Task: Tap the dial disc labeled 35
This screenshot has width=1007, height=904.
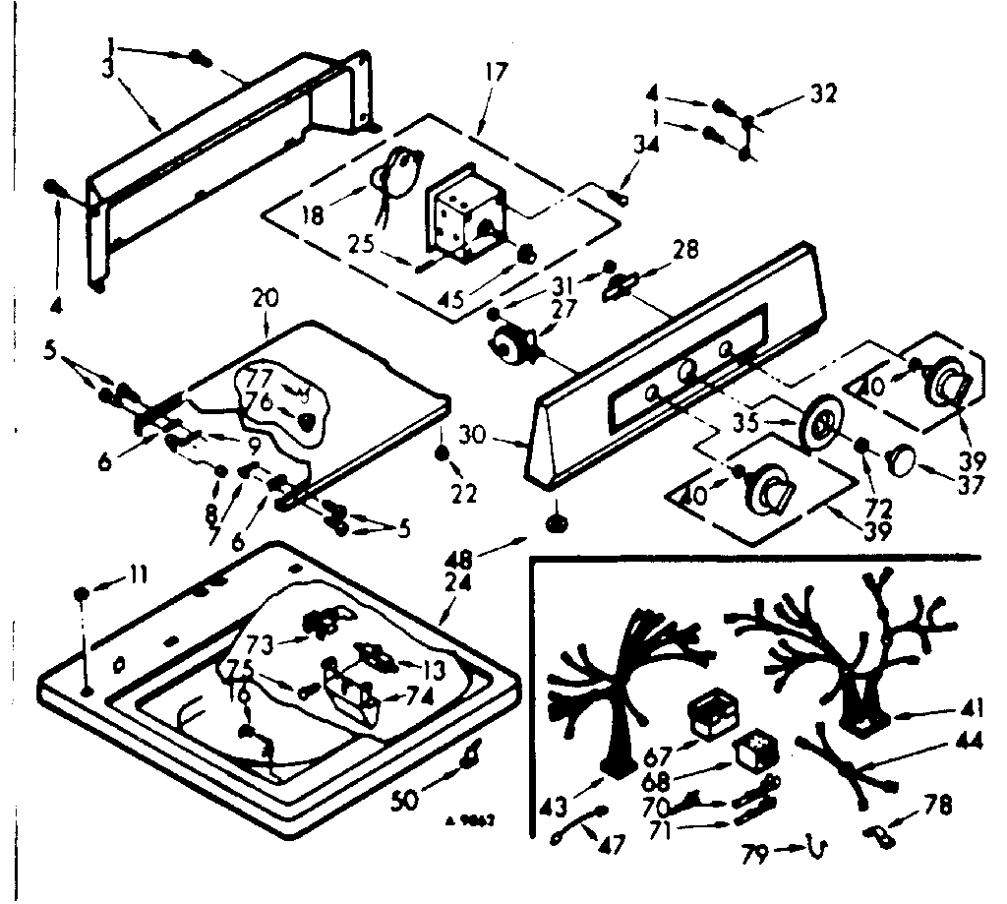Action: [820, 425]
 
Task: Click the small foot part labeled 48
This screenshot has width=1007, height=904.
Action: [557, 521]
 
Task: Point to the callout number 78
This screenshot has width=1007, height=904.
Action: [938, 807]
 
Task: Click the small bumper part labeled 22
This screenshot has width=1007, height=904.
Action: [441, 453]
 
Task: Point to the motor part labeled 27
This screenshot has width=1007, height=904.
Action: [512, 345]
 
